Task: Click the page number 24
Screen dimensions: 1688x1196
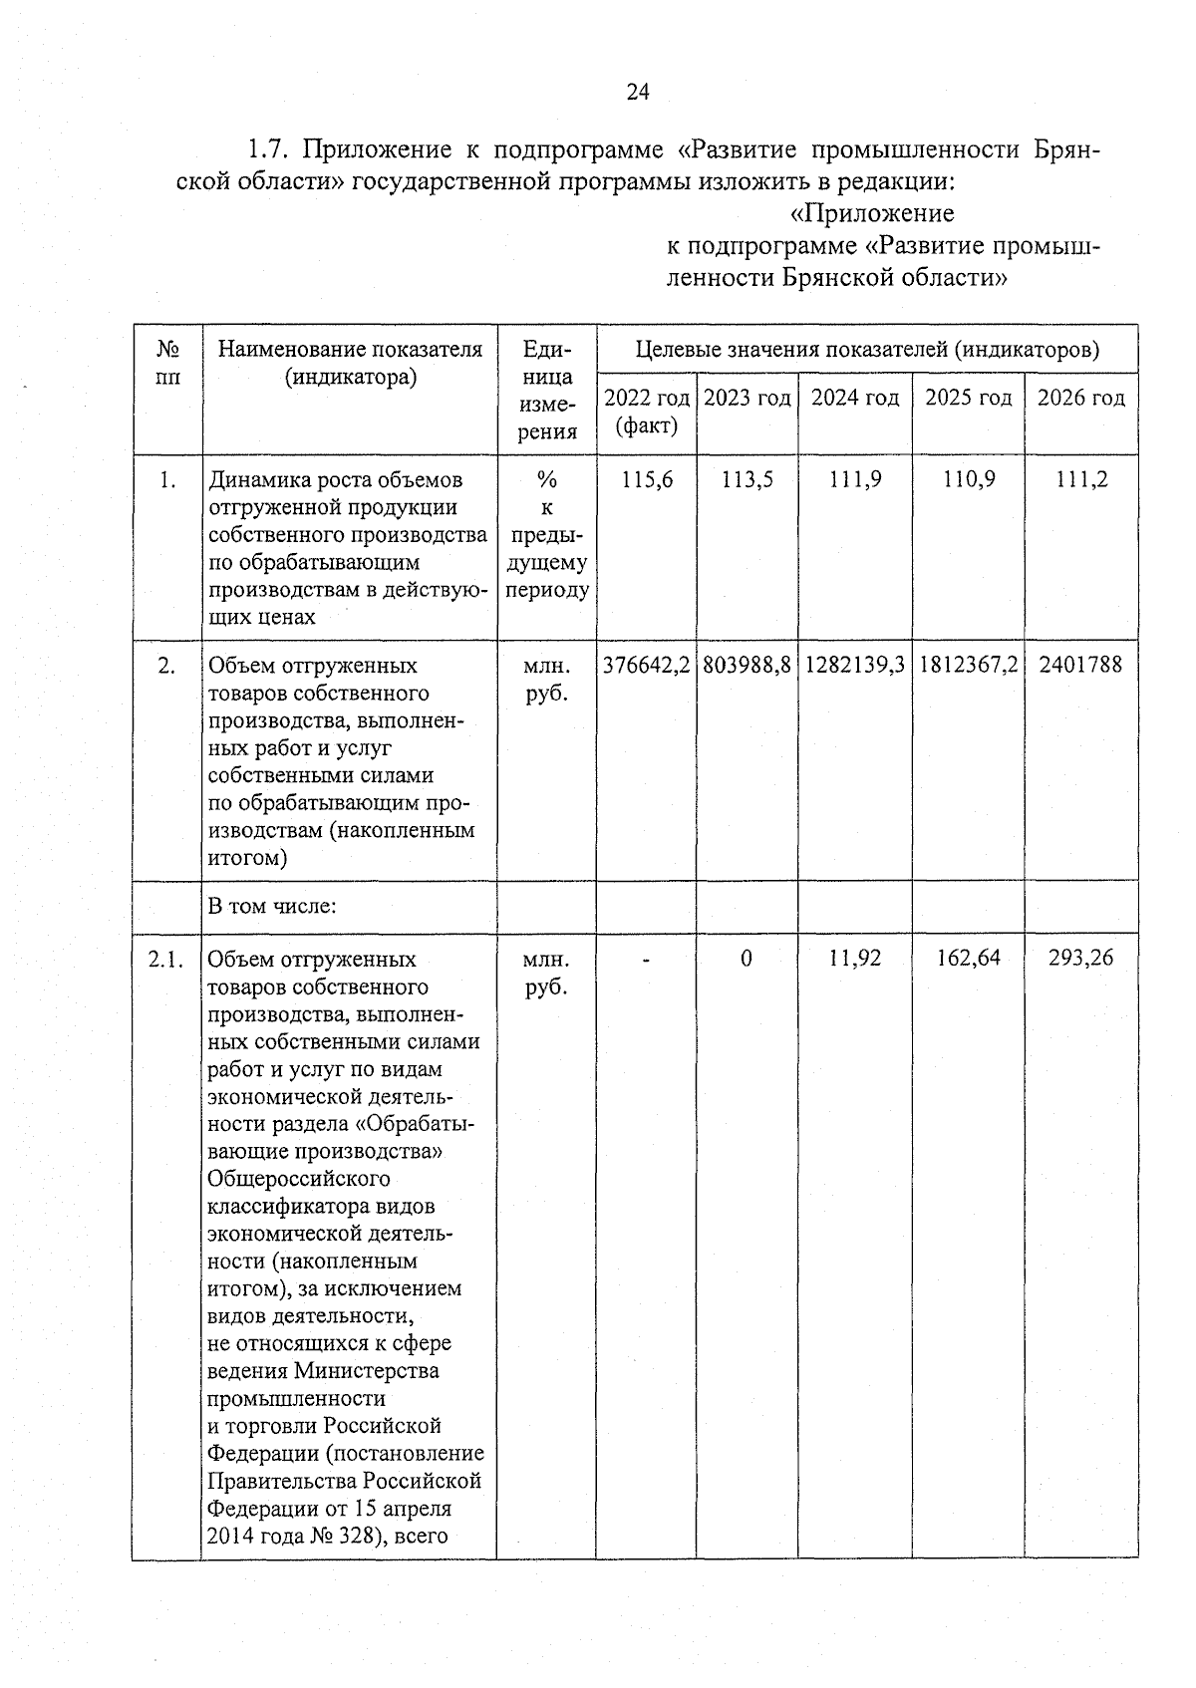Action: click(638, 93)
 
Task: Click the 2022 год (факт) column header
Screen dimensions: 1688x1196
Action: click(647, 412)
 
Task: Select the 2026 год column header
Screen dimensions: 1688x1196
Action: click(1081, 398)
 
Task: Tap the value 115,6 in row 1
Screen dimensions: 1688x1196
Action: click(647, 480)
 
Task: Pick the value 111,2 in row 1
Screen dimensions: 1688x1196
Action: click(1081, 480)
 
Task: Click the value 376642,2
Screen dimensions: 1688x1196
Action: click(647, 665)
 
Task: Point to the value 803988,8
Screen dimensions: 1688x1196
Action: click(747, 665)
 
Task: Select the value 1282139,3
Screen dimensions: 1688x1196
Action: click(855, 665)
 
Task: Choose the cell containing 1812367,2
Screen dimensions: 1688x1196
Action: click(968, 665)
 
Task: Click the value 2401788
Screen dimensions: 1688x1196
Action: click(1080, 665)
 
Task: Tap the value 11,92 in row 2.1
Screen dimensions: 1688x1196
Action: click(855, 959)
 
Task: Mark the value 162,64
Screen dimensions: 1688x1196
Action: click(968, 959)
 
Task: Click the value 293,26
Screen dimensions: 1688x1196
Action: click(1080, 959)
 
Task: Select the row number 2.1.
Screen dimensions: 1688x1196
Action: click(166, 960)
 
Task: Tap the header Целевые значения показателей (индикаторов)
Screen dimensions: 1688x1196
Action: click(867, 350)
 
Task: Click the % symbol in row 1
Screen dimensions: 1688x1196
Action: click(546, 480)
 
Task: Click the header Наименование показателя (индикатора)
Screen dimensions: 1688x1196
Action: click(350, 363)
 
